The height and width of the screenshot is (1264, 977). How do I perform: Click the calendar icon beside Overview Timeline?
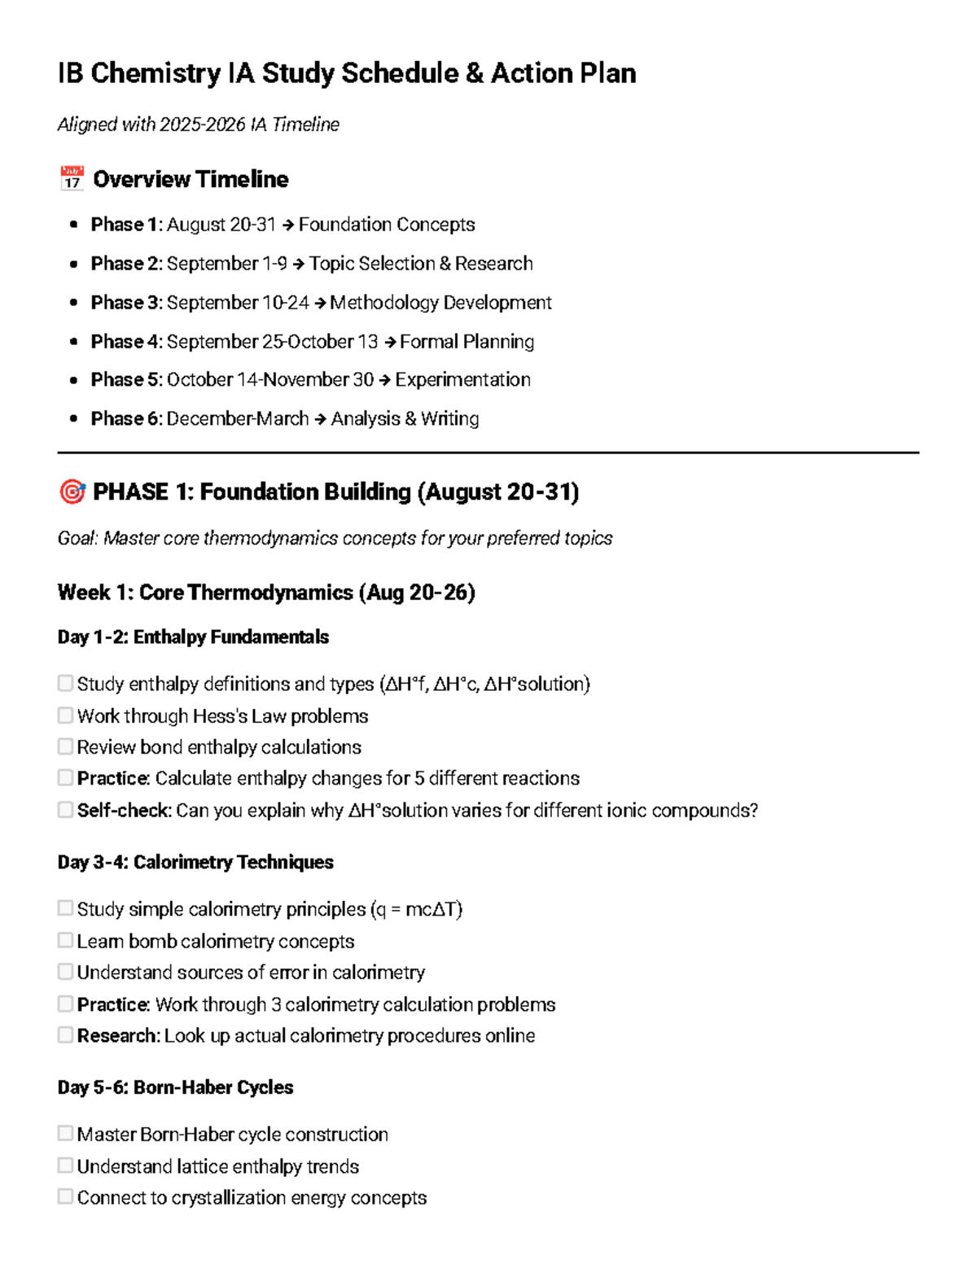coord(72,178)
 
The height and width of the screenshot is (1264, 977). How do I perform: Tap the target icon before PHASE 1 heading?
coord(72,492)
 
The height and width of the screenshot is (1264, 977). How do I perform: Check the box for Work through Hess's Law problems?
coord(65,715)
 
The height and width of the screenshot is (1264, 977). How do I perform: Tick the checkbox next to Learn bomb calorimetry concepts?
coord(65,940)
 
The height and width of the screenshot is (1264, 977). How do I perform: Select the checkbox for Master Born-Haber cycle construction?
coord(65,1133)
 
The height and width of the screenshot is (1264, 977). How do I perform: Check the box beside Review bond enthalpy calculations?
coord(65,746)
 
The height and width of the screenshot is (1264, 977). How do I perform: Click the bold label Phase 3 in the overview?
coord(126,303)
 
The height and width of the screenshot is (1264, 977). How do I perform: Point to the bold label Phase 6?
coord(126,418)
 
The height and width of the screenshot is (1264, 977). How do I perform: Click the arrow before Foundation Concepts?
coord(287,225)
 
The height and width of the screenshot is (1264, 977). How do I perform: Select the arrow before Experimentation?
coord(384,380)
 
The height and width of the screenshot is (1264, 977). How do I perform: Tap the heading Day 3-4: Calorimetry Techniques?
coord(195,862)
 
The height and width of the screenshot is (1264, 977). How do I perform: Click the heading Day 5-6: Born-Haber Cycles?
coord(175,1087)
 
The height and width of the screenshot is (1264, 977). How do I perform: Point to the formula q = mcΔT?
coord(418,909)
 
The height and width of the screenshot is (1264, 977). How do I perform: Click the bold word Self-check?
coord(124,811)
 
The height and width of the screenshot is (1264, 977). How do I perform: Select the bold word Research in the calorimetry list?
coord(118,1035)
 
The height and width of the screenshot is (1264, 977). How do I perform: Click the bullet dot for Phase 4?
coord(74,342)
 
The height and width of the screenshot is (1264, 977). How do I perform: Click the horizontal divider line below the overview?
coord(488,453)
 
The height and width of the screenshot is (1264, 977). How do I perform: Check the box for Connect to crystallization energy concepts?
coord(65,1196)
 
